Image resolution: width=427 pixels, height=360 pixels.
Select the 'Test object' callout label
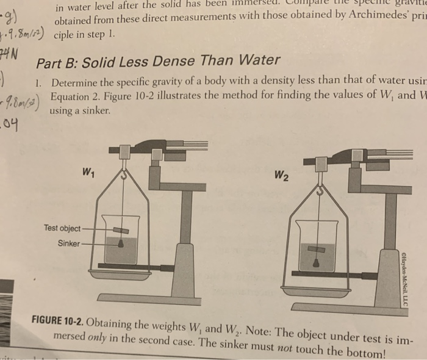[x=62, y=228]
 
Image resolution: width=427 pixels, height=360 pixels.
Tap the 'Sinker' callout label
[x=69, y=243]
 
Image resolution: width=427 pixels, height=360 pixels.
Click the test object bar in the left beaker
[x=120, y=229]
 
